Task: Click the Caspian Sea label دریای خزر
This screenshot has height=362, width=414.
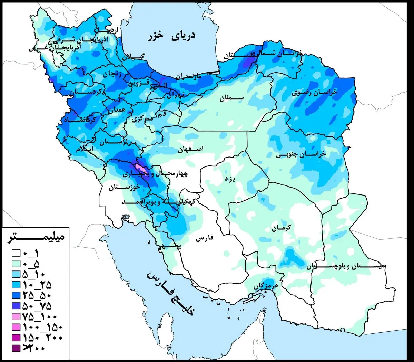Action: [171, 36]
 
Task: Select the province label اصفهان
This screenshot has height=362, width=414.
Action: [191, 149]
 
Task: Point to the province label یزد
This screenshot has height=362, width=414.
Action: [230, 179]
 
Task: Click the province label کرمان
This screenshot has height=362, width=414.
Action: [281, 227]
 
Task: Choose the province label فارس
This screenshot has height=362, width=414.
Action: [205, 238]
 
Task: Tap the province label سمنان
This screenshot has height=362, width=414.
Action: [231, 98]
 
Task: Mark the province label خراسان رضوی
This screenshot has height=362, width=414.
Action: [314, 93]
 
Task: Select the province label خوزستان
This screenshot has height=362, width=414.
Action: [125, 188]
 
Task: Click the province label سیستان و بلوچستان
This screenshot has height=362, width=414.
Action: [346, 266]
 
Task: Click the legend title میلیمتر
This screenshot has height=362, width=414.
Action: [36, 238]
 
